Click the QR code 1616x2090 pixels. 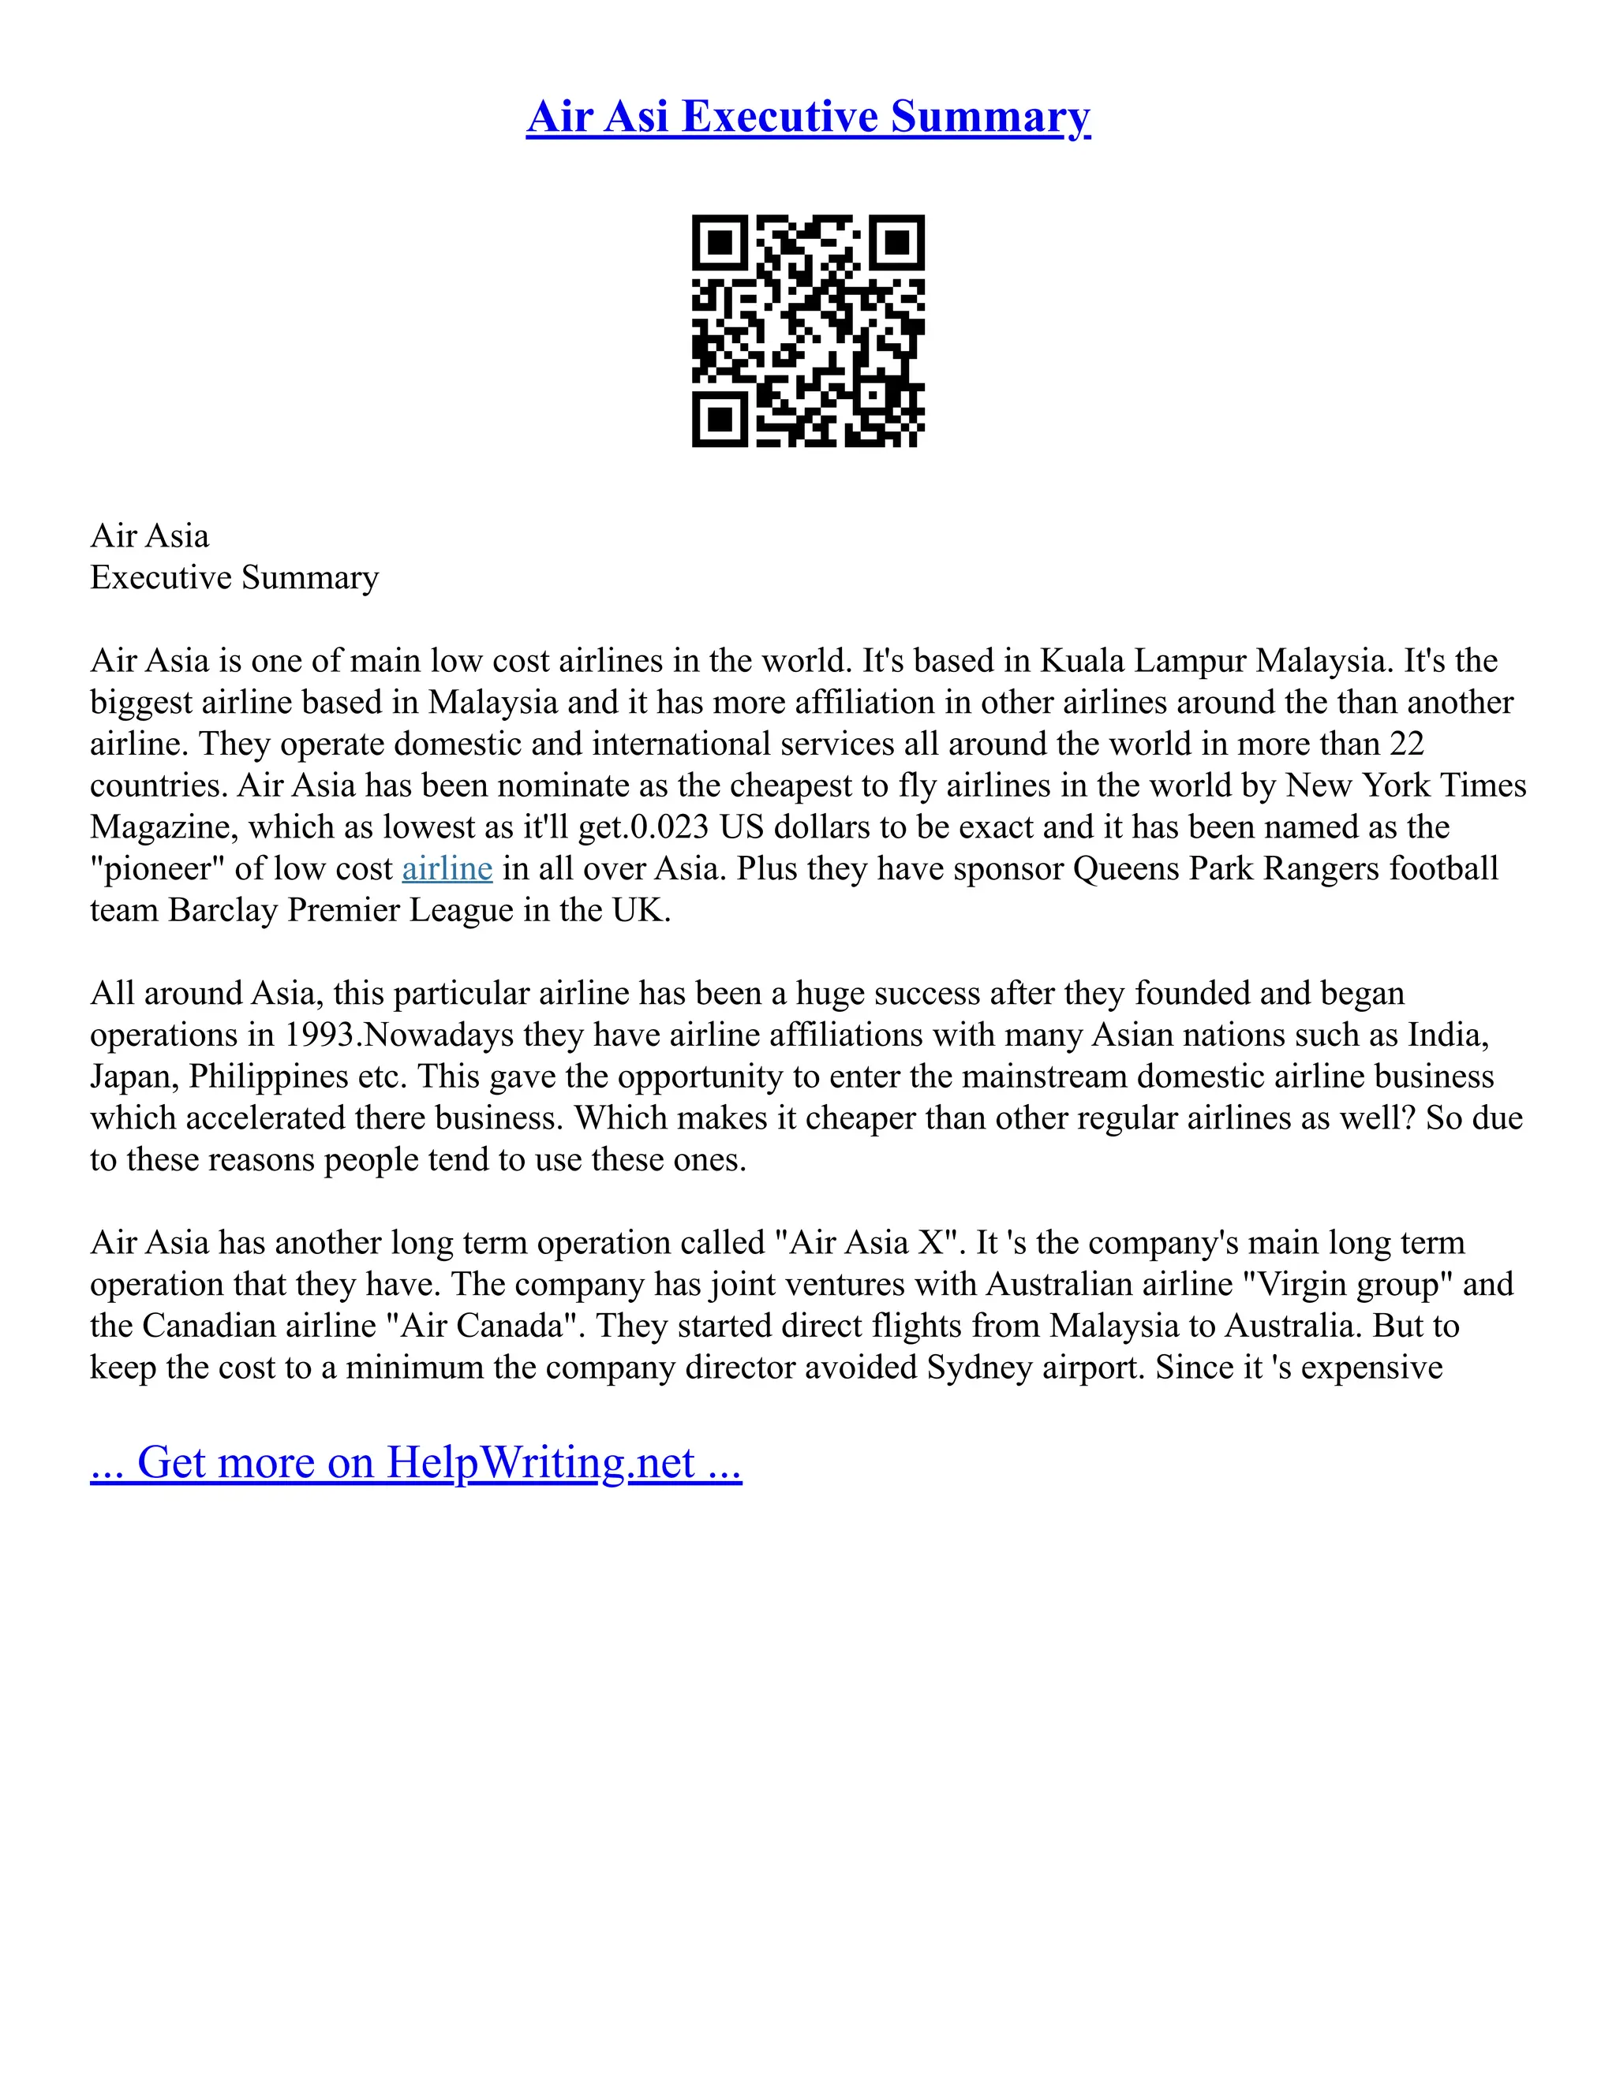click(x=808, y=330)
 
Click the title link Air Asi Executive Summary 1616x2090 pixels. click(x=808, y=117)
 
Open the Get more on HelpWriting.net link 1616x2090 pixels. click(x=416, y=1462)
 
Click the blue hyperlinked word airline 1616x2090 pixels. click(x=447, y=869)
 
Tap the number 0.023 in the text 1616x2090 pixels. click(x=669, y=827)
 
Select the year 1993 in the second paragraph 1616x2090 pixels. click(x=319, y=1035)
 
